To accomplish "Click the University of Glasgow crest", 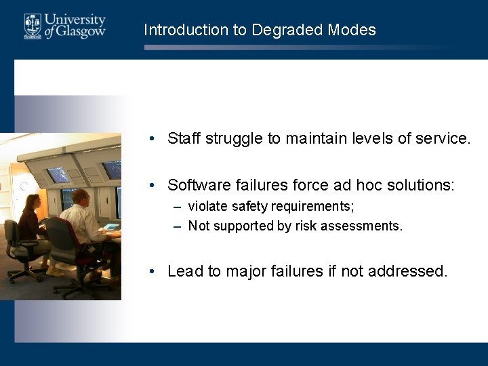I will tap(33, 26).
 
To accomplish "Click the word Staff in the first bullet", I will tap(184, 139).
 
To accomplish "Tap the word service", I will tap(443, 139).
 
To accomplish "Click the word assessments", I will tap(365, 226).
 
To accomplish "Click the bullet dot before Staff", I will tap(155, 140).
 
